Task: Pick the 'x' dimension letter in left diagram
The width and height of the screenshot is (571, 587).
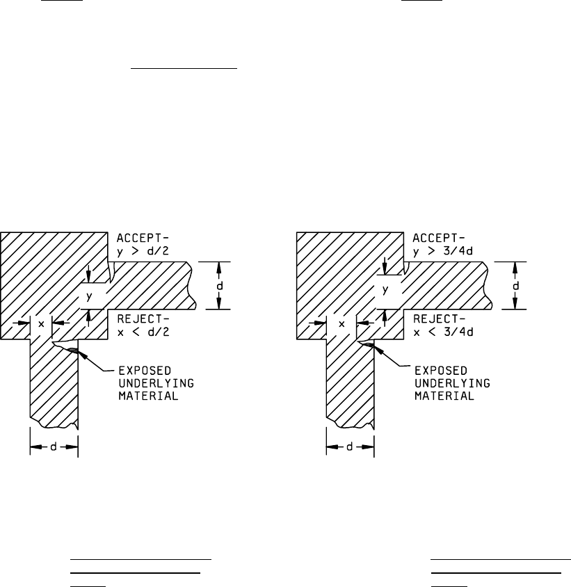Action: pyautogui.click(x=41, y=323)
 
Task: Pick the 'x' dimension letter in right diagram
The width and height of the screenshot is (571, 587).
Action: pyautogui.click(x=341, y=323)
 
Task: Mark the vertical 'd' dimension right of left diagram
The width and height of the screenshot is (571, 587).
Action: pyautogui.click(x=218, y=285)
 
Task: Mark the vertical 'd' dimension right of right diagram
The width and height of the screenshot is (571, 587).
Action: pyautogui.click(x=515, y=285)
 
